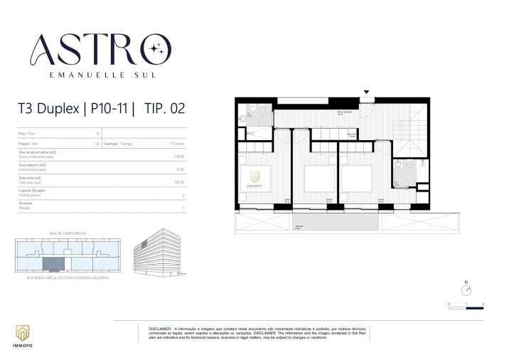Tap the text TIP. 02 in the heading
tap(168, 109)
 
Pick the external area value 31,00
tap(180, 170)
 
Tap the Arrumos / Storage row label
tap(26, 205)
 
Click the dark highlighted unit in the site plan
tap(53, 265)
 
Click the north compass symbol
tap(466, 290)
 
